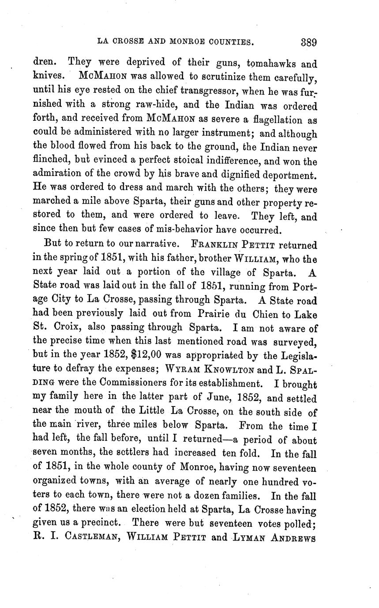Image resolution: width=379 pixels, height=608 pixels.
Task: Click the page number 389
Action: click(309, 42)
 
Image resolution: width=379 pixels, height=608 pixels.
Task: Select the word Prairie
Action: click(207, 314)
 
